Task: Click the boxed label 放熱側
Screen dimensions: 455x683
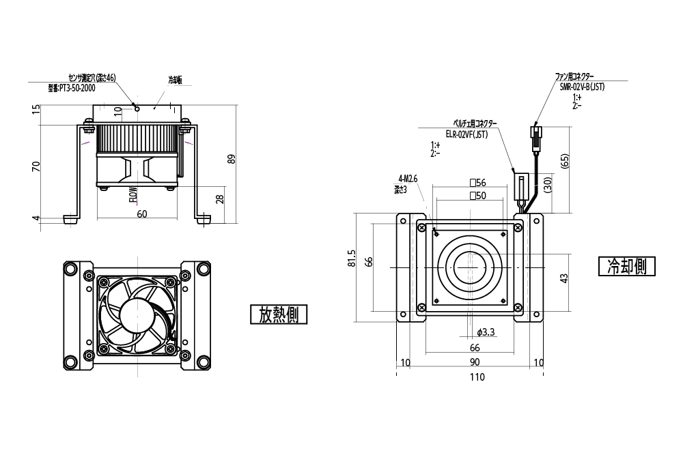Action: tap(279, 314)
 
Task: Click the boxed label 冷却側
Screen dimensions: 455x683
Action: tap(627, 266)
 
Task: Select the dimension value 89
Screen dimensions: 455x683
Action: tap(232, 159)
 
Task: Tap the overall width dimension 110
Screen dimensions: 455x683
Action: tap(476, 377)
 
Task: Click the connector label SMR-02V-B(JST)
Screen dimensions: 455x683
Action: tap(582, 87)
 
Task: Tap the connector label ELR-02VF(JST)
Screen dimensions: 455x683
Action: tap(466, 134)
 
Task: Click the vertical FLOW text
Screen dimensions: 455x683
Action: tap(133, 195)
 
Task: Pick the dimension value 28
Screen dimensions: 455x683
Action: tap(219, 199)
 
